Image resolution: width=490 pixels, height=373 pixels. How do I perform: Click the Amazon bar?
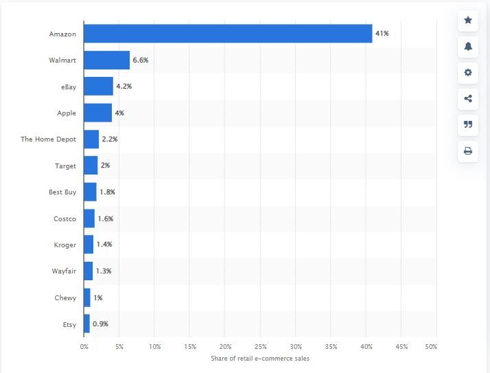point(227,33)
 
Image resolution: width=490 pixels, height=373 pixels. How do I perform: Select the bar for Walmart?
point(106,60)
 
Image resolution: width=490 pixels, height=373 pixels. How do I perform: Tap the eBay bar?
point(98,87)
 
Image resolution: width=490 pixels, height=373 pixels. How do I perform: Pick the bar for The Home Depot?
point(91,139)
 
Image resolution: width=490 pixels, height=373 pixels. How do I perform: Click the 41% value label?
point(382,33)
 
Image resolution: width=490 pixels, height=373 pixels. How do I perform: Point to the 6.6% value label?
point(141,60)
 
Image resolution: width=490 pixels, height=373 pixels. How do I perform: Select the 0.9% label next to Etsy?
point(101,324)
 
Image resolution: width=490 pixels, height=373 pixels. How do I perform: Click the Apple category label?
point(67,113)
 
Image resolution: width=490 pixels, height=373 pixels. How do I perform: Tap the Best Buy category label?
point(62,192)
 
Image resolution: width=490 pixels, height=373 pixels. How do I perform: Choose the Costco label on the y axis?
point(65,218)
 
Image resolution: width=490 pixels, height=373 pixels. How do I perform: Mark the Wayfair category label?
point(64,271)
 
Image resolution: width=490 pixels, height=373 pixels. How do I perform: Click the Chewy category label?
point(65,297)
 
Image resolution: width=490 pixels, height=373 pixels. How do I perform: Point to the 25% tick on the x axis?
point(260,346)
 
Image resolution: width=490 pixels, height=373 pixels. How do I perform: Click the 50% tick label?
point(431,346)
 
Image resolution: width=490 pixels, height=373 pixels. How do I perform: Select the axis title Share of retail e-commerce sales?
point(260,359)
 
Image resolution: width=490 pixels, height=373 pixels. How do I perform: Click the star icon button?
point(468,21)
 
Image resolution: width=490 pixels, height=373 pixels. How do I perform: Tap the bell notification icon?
point(468,47)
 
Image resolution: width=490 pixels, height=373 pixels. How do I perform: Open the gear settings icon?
point(468,73)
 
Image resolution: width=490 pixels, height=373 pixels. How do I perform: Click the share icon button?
point(468,99)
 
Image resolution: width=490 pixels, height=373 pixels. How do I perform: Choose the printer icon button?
point(468,151)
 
